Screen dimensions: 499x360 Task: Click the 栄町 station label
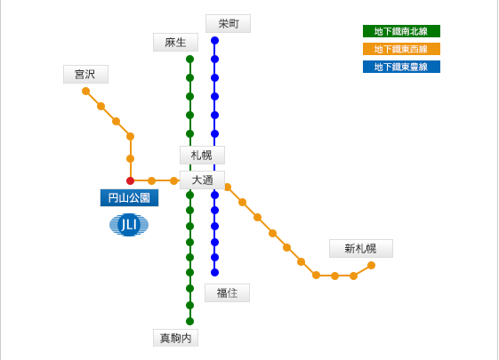coord(228,23)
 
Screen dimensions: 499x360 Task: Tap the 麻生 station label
coord(175,43)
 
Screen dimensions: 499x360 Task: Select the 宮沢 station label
coord(85,75)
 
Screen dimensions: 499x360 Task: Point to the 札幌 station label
coord(202,156)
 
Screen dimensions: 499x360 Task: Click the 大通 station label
coord(202,180)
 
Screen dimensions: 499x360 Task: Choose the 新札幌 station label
coord(361,248)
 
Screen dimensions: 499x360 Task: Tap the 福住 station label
coord(227,293)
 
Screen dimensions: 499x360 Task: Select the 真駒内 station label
coord(175,338)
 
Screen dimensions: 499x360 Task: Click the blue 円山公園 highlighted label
coord(129,198)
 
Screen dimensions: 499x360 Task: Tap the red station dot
coord(130,181)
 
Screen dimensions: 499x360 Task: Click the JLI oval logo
coord(129,225)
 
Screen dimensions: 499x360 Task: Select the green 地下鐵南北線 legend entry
coord(401,31)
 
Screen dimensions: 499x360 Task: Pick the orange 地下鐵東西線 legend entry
coord(401,49)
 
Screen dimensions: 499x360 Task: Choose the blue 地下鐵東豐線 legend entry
coord(401,67)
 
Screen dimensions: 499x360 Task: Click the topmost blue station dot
coord(215,40)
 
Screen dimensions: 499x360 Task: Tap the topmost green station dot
coord(190,59)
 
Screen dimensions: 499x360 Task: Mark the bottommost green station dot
coord(190,321)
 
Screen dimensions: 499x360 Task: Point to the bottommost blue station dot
coord(215,273)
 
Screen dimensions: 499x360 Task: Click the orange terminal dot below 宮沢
coord(86,92)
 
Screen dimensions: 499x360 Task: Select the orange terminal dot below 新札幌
coord(372,265)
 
